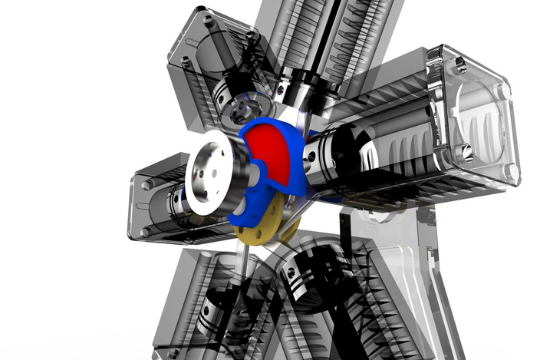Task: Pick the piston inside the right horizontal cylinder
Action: point(337,157)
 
